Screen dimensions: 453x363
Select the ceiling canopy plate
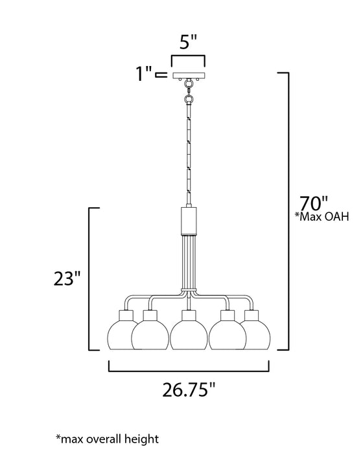[x=188, y=76]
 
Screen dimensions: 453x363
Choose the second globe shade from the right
[x=228, y=335]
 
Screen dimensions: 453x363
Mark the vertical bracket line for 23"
[x=89, y=278]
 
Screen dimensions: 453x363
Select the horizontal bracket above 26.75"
[x=188, y=371]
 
